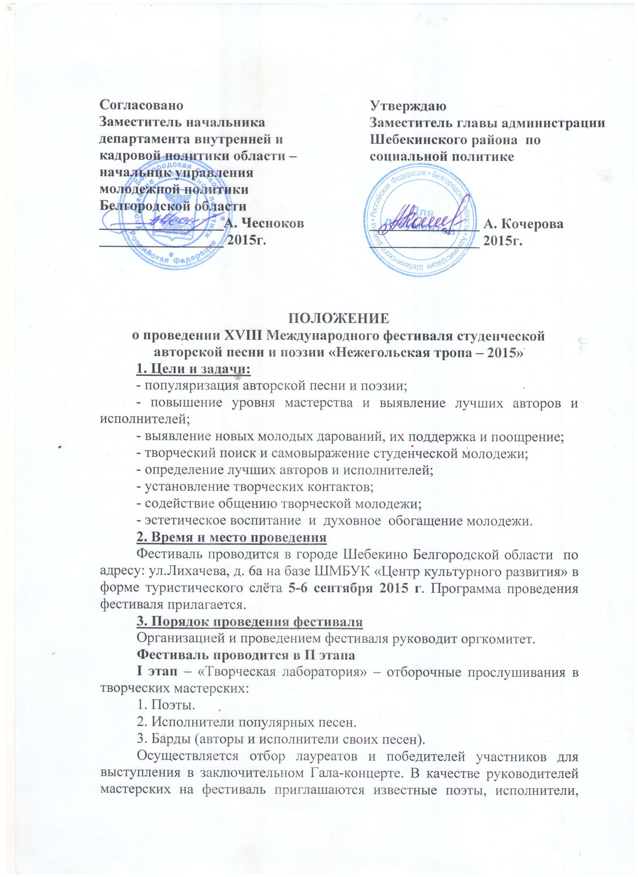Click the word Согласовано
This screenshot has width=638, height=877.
tap(141, 105)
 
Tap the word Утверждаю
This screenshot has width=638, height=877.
tap(408, 105)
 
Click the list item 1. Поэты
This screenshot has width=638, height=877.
tap(166, 705)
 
